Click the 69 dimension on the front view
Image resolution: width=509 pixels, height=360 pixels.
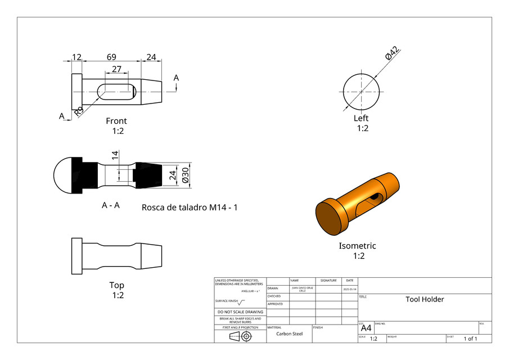[x=111, y=57]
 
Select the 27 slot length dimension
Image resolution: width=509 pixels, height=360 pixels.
[x=116, y=69]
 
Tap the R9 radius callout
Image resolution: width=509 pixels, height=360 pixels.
[x=79, y=111]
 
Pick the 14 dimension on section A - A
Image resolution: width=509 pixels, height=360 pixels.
[x=115, y=156]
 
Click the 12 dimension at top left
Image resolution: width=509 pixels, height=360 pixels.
[x=76, y=57]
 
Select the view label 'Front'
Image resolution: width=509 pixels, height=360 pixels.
[x=116, y=121]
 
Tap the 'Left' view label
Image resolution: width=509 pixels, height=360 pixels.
[x=361, y=118]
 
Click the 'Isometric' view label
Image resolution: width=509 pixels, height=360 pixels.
[x=357, y=246]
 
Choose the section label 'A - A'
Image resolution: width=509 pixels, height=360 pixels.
[x=110, y=205]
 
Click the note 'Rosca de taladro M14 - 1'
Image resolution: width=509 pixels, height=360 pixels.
[x=190, y=208]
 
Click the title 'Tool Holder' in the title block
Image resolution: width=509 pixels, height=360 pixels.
[x=425, y=299]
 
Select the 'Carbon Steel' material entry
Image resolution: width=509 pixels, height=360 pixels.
[x=289, y=334]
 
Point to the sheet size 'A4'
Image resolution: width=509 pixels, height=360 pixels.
[x=366, y=328]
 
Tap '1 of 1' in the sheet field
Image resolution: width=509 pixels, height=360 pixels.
[x=470, y=339]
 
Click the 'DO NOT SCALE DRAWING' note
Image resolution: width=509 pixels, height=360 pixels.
[x=240, y=312]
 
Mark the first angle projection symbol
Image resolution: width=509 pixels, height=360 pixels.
[x=240, y=336]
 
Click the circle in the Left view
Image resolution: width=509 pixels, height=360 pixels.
[x=361, y=91]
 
